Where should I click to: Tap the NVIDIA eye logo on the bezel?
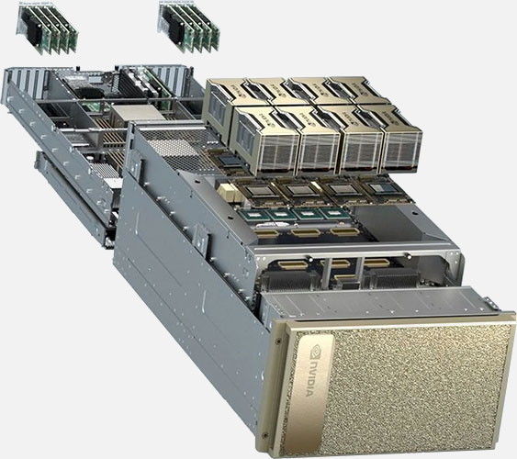coord(316,351)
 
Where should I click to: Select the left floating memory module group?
coord(47,28)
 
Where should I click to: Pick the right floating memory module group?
coord(189,27)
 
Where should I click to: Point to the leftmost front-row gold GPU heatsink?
coord(264,141)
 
